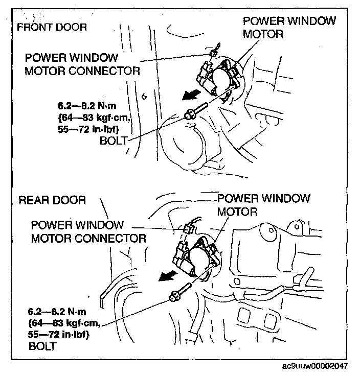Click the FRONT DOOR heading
click(x=52, y=27)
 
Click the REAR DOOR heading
click(x=52, y=200)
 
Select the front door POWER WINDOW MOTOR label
click(x=289, y=28)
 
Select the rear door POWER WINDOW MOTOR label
click(x=264, y=204)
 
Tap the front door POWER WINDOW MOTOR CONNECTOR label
click(x=82, y=64)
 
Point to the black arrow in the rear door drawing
click(x=168, y=276)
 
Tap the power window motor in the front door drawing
click(x=221, y=79)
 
